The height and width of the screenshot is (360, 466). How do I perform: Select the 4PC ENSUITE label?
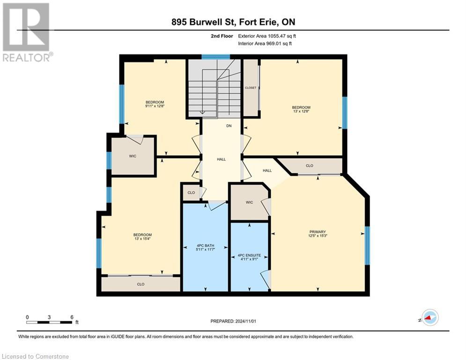249,256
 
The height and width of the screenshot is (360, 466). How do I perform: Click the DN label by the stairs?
229,126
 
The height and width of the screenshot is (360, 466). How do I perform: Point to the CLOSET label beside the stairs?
251,88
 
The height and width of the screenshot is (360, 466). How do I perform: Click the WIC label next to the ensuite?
249,202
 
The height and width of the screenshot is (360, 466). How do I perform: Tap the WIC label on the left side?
133,156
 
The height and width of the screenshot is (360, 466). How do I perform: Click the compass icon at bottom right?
429,318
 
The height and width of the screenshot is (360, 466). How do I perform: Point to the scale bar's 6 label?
72,317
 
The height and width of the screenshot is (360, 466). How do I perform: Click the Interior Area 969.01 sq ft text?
265,44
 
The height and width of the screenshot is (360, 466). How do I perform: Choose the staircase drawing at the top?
214,89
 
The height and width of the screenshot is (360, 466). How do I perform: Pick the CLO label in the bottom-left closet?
141,284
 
